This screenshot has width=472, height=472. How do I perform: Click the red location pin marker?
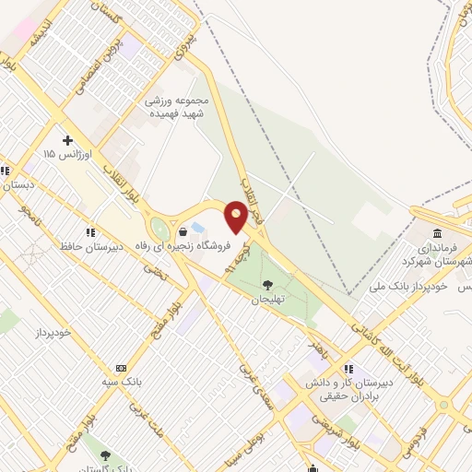pyautogui.click(x=236, y=218)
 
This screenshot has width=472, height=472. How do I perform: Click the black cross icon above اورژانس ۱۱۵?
pyautogui.click(x=67, y=139)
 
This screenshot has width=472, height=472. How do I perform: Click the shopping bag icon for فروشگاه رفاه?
pyautogui.click(x=195, y=231)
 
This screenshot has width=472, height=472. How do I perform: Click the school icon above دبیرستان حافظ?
pyautogui.click(x=89, y=232)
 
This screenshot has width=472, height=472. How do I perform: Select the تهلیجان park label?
pyautogui.click(x=271, y=301)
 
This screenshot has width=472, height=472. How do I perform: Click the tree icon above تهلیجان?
pyautogui.click(x=268, y=286)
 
